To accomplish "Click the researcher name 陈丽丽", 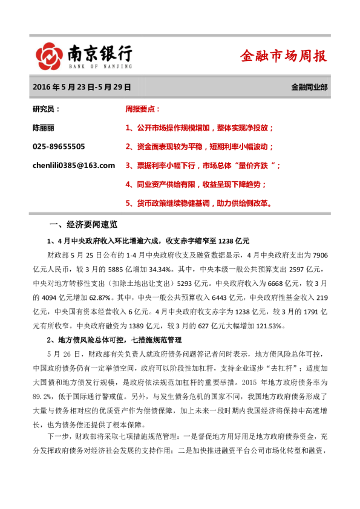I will point(43,128).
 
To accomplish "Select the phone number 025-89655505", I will point(59,146).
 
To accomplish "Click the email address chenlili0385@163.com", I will point(73,165).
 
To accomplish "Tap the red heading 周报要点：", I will point(142,109).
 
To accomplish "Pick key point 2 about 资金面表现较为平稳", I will point(200,146).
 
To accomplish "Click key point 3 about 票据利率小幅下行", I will point(203,165).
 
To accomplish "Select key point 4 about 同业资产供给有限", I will point(195,184).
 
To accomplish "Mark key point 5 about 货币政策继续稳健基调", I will point(202,203).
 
